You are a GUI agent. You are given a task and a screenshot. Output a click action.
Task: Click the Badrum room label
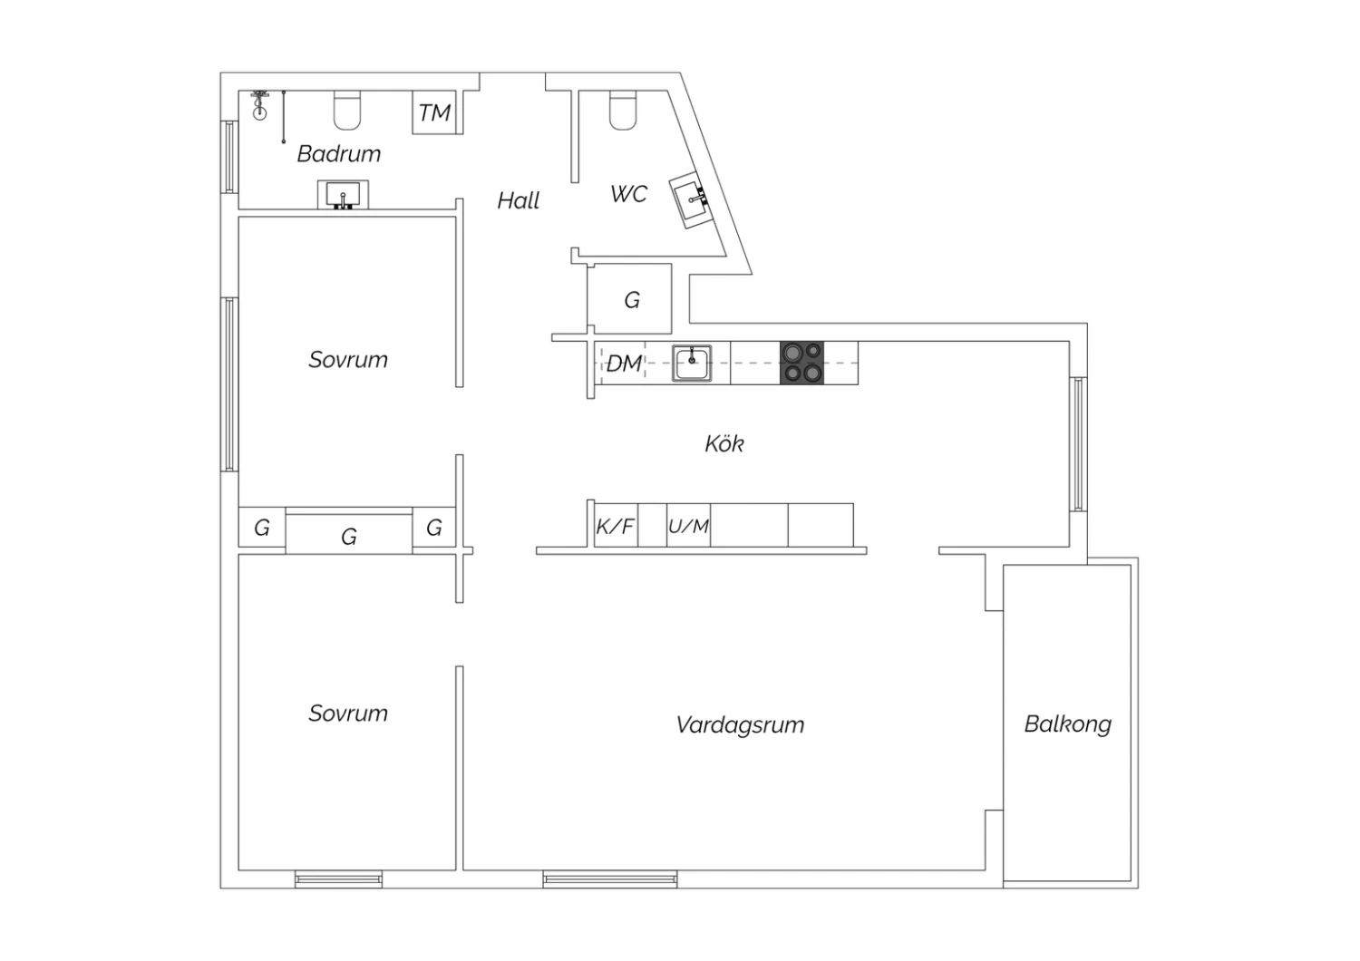pyautogui.click(x=339, y=153)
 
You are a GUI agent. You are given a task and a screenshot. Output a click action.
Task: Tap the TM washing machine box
pyautogui.click(x=434, y=112)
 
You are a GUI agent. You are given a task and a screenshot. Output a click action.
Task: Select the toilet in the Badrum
pyautogui.click(x=347, y=111)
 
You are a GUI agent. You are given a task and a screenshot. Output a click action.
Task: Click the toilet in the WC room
pyautogui.click(x=622, y=111)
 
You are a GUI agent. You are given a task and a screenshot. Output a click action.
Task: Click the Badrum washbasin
pyautogui.click(x=343, y=194)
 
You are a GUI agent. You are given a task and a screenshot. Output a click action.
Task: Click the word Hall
pyautogui.click(x=518, y=200)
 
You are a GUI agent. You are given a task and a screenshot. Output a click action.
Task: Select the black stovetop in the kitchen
pyautogui.click(x=801, y=363)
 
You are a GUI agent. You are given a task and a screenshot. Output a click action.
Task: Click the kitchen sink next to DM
pyautogui.click(x=692, y=363)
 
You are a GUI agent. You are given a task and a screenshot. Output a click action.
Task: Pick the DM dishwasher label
pyautogui.click(x=624, y=364)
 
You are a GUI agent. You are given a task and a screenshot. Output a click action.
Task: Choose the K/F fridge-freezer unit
pyautogui.click(x=616, y=526)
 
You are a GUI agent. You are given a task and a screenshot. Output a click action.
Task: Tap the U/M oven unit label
pyautogui.click(x=688, y=526)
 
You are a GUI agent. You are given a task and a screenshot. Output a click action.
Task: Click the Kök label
pyautogui.click(x=724, y=443)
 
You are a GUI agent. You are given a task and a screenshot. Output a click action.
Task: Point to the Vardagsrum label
pyautogui.click(x=740, y=725)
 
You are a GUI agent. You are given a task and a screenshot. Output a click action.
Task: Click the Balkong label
pyautogui.click(x=1068, y=723)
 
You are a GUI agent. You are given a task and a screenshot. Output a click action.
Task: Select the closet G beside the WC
pyautogui.click(x=629, y=298)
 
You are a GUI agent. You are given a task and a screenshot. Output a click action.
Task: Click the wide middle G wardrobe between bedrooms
pyautogui.click(x=348, y=534)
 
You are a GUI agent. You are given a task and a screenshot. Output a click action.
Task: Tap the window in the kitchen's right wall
pyautogui.click(x=1078, y=443)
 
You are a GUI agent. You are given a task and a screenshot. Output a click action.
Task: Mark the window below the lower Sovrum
pyautogui.click(x=339, y=879)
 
